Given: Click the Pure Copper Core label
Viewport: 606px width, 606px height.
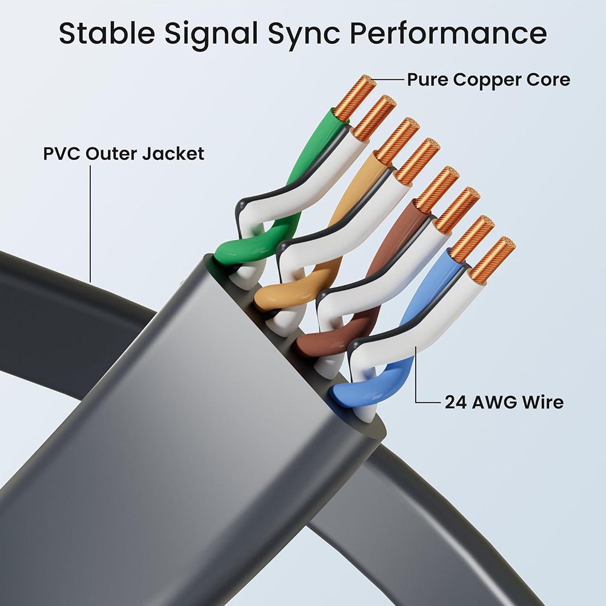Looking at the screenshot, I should pyautogui.click(x=488, y=79).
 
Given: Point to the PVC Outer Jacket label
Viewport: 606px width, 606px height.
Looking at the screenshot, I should pyautogui.click(x=124, y=153).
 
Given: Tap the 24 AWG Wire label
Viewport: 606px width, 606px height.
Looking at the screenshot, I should pyautogui.click(x=504, y=402).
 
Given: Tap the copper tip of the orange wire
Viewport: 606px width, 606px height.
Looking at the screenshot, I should pyautogui.click(x=396, y=141).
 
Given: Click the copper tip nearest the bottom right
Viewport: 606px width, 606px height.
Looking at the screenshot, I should pyautogui.click(x=492, y=259).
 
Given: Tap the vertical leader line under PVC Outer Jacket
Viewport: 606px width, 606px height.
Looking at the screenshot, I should pyautogui.click(x=90, y=224).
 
